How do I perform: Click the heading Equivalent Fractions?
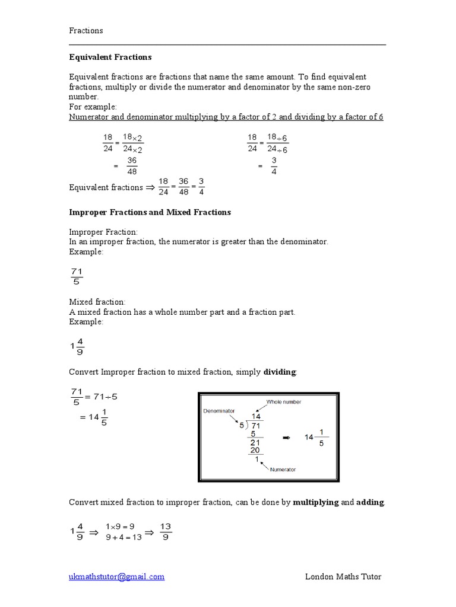[110, 57]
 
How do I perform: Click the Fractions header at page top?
[86, 30]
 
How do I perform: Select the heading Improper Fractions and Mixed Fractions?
[150, 212]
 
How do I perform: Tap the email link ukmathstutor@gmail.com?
[117, 576]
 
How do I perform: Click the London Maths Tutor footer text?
[343, 576]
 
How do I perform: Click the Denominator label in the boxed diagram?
[219, 410]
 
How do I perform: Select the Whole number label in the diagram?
[283, 402]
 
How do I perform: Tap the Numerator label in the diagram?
[283, 469]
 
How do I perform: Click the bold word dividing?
[280, 372]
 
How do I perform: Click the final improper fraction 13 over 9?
[166, 532]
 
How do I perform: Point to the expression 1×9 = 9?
[120, 526]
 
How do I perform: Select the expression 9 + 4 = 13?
[123, 538]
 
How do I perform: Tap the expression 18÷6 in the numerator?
[277, 138]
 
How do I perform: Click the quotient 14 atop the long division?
[256, 417]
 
